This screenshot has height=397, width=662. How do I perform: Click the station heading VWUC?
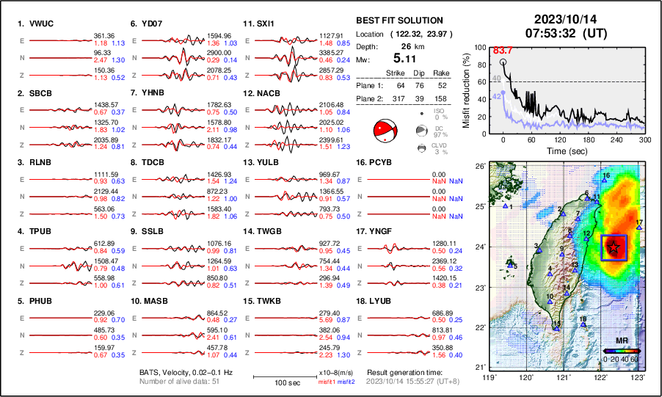[x=34, y=23]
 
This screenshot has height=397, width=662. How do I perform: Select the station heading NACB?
[x=262, y=93]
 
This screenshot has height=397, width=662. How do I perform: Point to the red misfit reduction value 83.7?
[x=502, y=49]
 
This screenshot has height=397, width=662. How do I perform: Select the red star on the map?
[x=614, y=249]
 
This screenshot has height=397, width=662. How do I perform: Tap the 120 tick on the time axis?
[x=560, y=139]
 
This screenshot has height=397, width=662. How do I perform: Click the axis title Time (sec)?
[x=560, y=150]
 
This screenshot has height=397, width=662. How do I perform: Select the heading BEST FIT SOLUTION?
[x=399, y=21]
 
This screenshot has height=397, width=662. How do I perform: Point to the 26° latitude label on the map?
[x=479, y=167]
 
